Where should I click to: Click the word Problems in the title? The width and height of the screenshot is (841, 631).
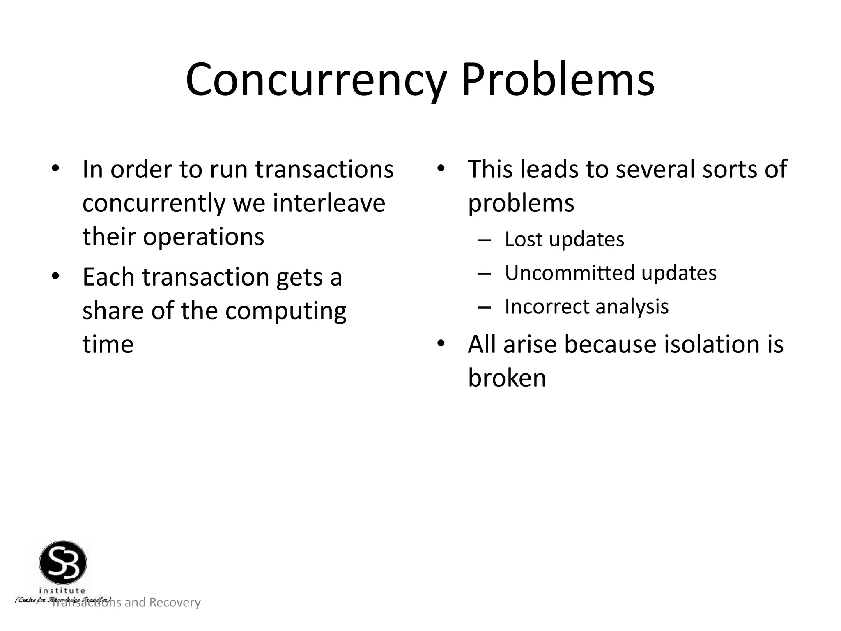(557, 80)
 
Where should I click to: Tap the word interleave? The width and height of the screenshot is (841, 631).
(329, 203)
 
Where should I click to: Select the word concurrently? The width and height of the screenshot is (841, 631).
(154, 204)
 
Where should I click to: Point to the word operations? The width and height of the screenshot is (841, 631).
(203, 237)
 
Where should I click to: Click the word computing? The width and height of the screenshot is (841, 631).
(286, 311)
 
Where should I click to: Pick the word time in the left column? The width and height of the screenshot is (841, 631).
(108, 344)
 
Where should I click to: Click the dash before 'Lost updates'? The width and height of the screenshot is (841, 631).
(485, 240)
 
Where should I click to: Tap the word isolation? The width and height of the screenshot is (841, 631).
(710, 344)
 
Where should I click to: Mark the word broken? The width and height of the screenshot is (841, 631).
(507, 378)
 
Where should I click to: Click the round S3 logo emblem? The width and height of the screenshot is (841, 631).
(63, 562)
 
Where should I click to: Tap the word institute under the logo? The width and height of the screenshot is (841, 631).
(62, 591)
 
